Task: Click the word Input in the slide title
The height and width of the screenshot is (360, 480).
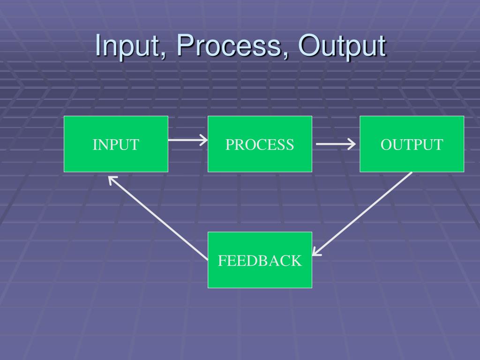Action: point(127,46)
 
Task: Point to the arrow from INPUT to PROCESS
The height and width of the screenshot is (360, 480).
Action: point(187,140)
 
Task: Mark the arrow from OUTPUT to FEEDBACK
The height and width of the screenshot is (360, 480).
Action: point(362,214)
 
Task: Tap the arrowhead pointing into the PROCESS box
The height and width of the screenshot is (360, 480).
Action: point(203,140)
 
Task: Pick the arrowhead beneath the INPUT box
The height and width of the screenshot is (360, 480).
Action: point(112,180)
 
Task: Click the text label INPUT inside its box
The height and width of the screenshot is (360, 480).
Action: point(116,145)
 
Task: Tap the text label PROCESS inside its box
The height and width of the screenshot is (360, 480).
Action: point(260,145)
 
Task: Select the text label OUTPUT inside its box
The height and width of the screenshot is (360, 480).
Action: point(412,145)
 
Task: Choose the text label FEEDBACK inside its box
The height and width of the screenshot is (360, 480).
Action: point(260,261)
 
